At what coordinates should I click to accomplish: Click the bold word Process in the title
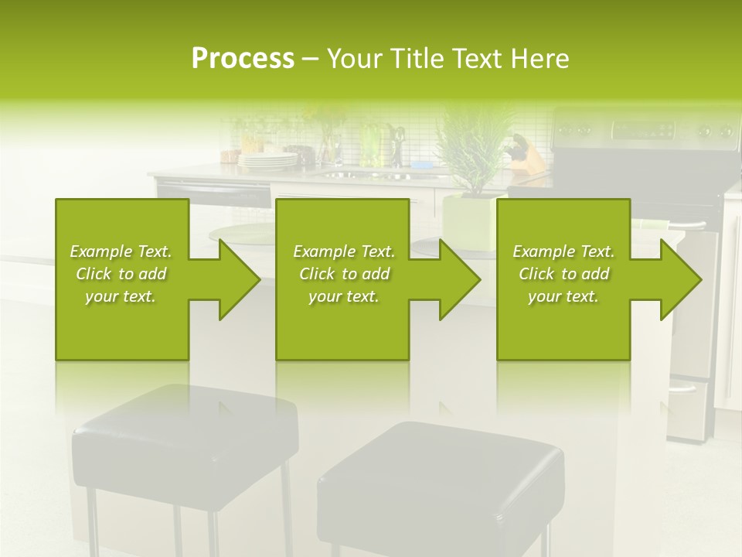point(243,59)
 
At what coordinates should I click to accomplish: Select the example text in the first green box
point(121,274)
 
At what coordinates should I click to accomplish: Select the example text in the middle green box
point(344,274)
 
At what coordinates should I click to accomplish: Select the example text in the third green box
point(563,274)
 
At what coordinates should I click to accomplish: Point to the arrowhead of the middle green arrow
point(459,279)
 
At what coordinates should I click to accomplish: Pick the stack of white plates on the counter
point(267,160)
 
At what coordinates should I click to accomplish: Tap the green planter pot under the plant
point(468,220)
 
